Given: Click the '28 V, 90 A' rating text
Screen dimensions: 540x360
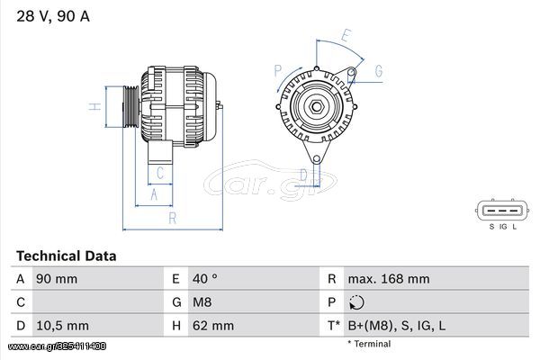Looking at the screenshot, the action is click(x=53, y=16).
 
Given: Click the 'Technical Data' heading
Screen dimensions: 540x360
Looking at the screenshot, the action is click(x=66, y=256).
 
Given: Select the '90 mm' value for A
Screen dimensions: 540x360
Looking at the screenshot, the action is click(x=57, y=279).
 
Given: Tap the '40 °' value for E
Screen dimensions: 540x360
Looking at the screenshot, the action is click(x=205, y=279).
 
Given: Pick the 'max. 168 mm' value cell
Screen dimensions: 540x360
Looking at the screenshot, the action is click(x=389, y=279).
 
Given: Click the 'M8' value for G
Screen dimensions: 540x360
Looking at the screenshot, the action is click(x=202, y=302).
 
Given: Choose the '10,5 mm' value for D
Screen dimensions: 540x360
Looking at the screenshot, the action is click(x=62, y=326).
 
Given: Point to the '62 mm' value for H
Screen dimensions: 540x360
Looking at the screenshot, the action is click(x=213, y=326).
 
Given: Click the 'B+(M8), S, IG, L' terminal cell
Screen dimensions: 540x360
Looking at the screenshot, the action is click(x=397, y=326).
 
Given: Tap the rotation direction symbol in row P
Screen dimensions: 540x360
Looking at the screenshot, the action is click(x=356, y=302).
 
